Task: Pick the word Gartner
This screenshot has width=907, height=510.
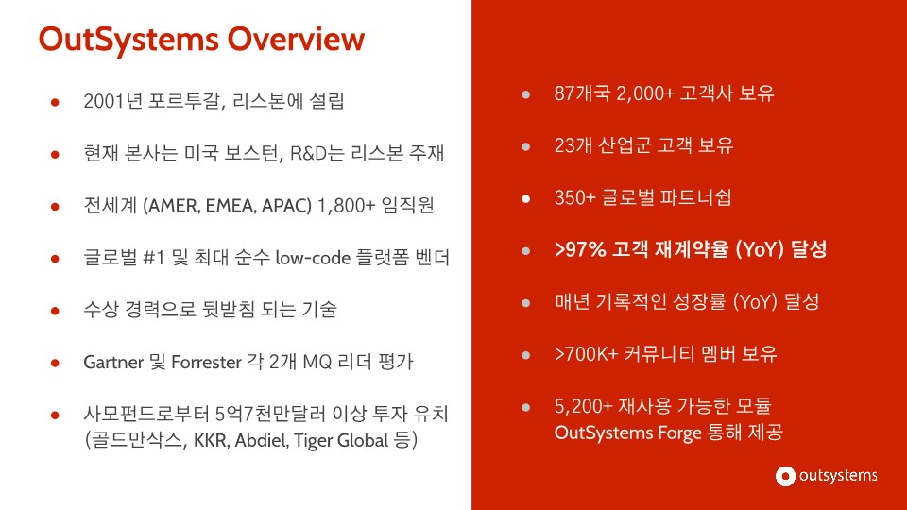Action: pos(114,362)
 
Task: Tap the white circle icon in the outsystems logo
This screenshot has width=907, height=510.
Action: pos(784,476)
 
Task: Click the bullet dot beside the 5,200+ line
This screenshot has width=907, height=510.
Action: pos(526,407)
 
